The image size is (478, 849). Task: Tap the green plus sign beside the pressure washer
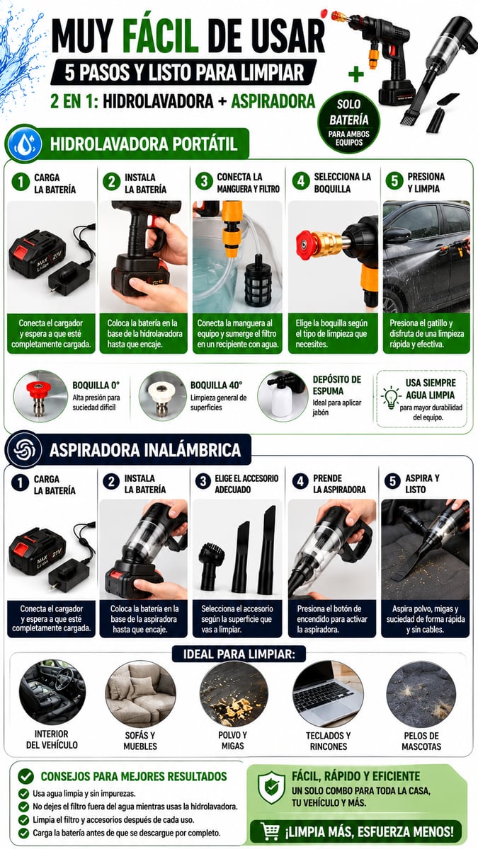pos(355,74)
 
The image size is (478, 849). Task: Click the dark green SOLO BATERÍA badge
pos(348,122)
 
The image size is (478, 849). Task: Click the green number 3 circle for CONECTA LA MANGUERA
pos(204,181)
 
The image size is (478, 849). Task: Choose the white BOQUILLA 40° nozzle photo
pos(162,396)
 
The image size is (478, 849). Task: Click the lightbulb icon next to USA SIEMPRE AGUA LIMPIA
pos(391,397)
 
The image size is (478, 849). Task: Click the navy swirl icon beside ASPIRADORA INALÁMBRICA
pos(25,450)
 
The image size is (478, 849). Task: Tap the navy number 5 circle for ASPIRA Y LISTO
pos(392,481)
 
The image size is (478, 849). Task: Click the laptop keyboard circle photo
pos(328,694)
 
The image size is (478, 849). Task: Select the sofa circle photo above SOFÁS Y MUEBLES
pos(140,694)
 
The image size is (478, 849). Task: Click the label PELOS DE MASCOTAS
pos(421,741)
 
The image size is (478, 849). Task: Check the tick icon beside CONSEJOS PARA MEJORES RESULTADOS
pos(25,776)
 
